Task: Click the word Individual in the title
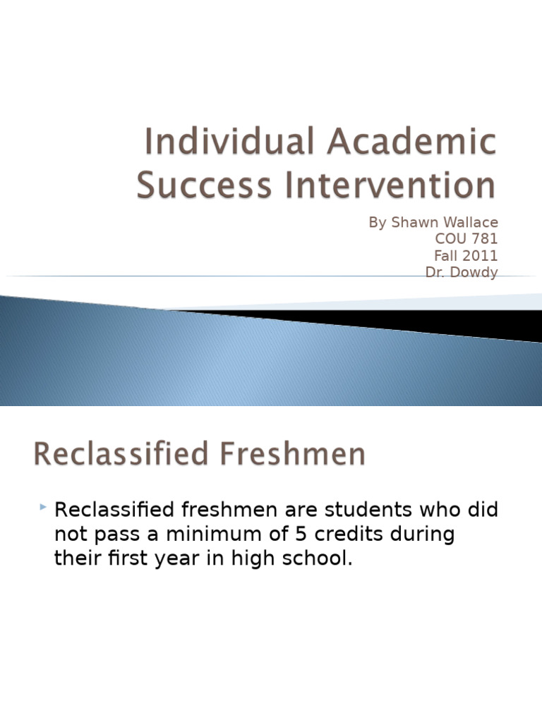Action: point(229,141)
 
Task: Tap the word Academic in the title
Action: point(411,141)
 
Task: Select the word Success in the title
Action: point(204,185)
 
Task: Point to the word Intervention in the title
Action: point(390,185)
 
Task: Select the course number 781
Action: point(484,238)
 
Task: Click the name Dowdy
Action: point(474,273)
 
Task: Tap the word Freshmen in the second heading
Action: point(293,453)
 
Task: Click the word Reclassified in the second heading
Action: point(121,453)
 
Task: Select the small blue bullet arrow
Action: point(43,507)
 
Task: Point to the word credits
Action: point(349,534)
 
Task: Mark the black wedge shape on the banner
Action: point(415,322)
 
